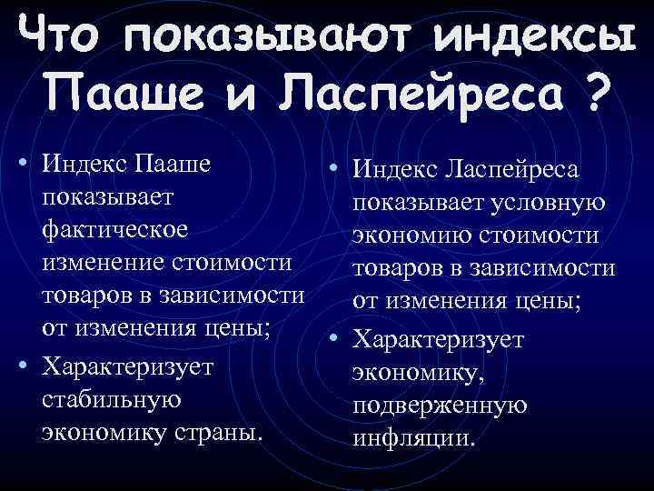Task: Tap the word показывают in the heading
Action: (272, 35)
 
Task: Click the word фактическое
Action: (115, 230)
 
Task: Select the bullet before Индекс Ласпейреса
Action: (335, 169)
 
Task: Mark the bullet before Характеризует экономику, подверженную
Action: (335, 339)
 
